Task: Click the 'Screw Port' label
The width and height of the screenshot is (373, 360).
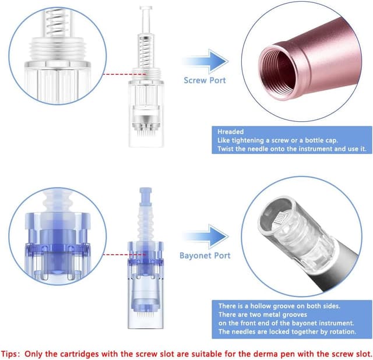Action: (205, 80)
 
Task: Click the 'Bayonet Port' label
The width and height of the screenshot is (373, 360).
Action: (205, 255)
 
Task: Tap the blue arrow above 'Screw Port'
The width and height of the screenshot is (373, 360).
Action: (206, 61)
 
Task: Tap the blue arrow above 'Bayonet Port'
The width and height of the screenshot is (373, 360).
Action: (206, 237)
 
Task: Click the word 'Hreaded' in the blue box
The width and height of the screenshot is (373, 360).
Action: (231, 132)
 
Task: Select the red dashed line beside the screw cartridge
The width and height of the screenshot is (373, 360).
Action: (124, 74)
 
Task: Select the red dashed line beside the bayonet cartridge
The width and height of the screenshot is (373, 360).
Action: (124, 255)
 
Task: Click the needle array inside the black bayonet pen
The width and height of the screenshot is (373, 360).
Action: (281, 218)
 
